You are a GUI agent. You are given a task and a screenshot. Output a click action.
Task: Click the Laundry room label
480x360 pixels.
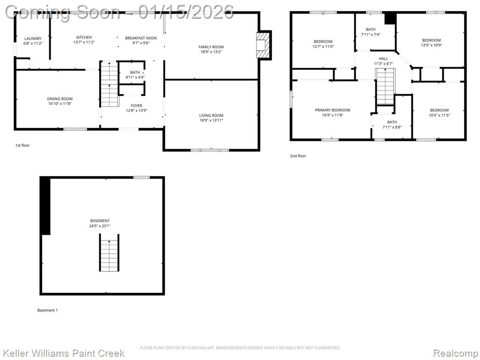[x=33, y=38]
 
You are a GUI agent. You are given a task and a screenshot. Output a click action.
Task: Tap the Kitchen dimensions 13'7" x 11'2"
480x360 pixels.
[x=84, y=42]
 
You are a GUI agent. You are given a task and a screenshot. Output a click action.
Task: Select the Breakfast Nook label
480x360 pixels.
[x=141, y=38]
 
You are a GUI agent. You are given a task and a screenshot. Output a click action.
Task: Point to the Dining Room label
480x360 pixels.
[x=60, y=98]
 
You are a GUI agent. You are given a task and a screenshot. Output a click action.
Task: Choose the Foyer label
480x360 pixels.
[x=136, y=105]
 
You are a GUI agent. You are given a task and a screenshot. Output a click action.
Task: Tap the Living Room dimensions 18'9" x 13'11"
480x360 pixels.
[x=211, y=120]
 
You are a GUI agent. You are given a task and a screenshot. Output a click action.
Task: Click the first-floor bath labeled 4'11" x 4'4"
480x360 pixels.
[x=135, y=75]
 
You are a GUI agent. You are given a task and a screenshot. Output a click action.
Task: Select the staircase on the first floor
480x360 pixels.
[x=109, y=84]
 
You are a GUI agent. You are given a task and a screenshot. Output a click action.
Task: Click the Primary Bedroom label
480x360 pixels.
[x=332, y=110]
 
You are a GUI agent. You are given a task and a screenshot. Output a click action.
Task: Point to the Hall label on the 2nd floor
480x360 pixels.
[x=383, y=59]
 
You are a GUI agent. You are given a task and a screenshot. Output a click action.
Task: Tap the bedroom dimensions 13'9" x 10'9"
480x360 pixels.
[x=431, y=45]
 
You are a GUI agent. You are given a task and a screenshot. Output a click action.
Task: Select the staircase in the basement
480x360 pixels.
[x=109, y=253]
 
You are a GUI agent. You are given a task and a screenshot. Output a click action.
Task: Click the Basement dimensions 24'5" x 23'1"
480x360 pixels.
[x=100, y=226]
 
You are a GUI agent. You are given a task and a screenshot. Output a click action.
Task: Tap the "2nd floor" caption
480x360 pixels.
[x=298, y=156]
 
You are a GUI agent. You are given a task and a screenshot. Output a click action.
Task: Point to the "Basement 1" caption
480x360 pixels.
[x=47, y=310]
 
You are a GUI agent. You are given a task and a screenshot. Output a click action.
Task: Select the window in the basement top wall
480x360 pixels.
[x=142, y=177]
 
